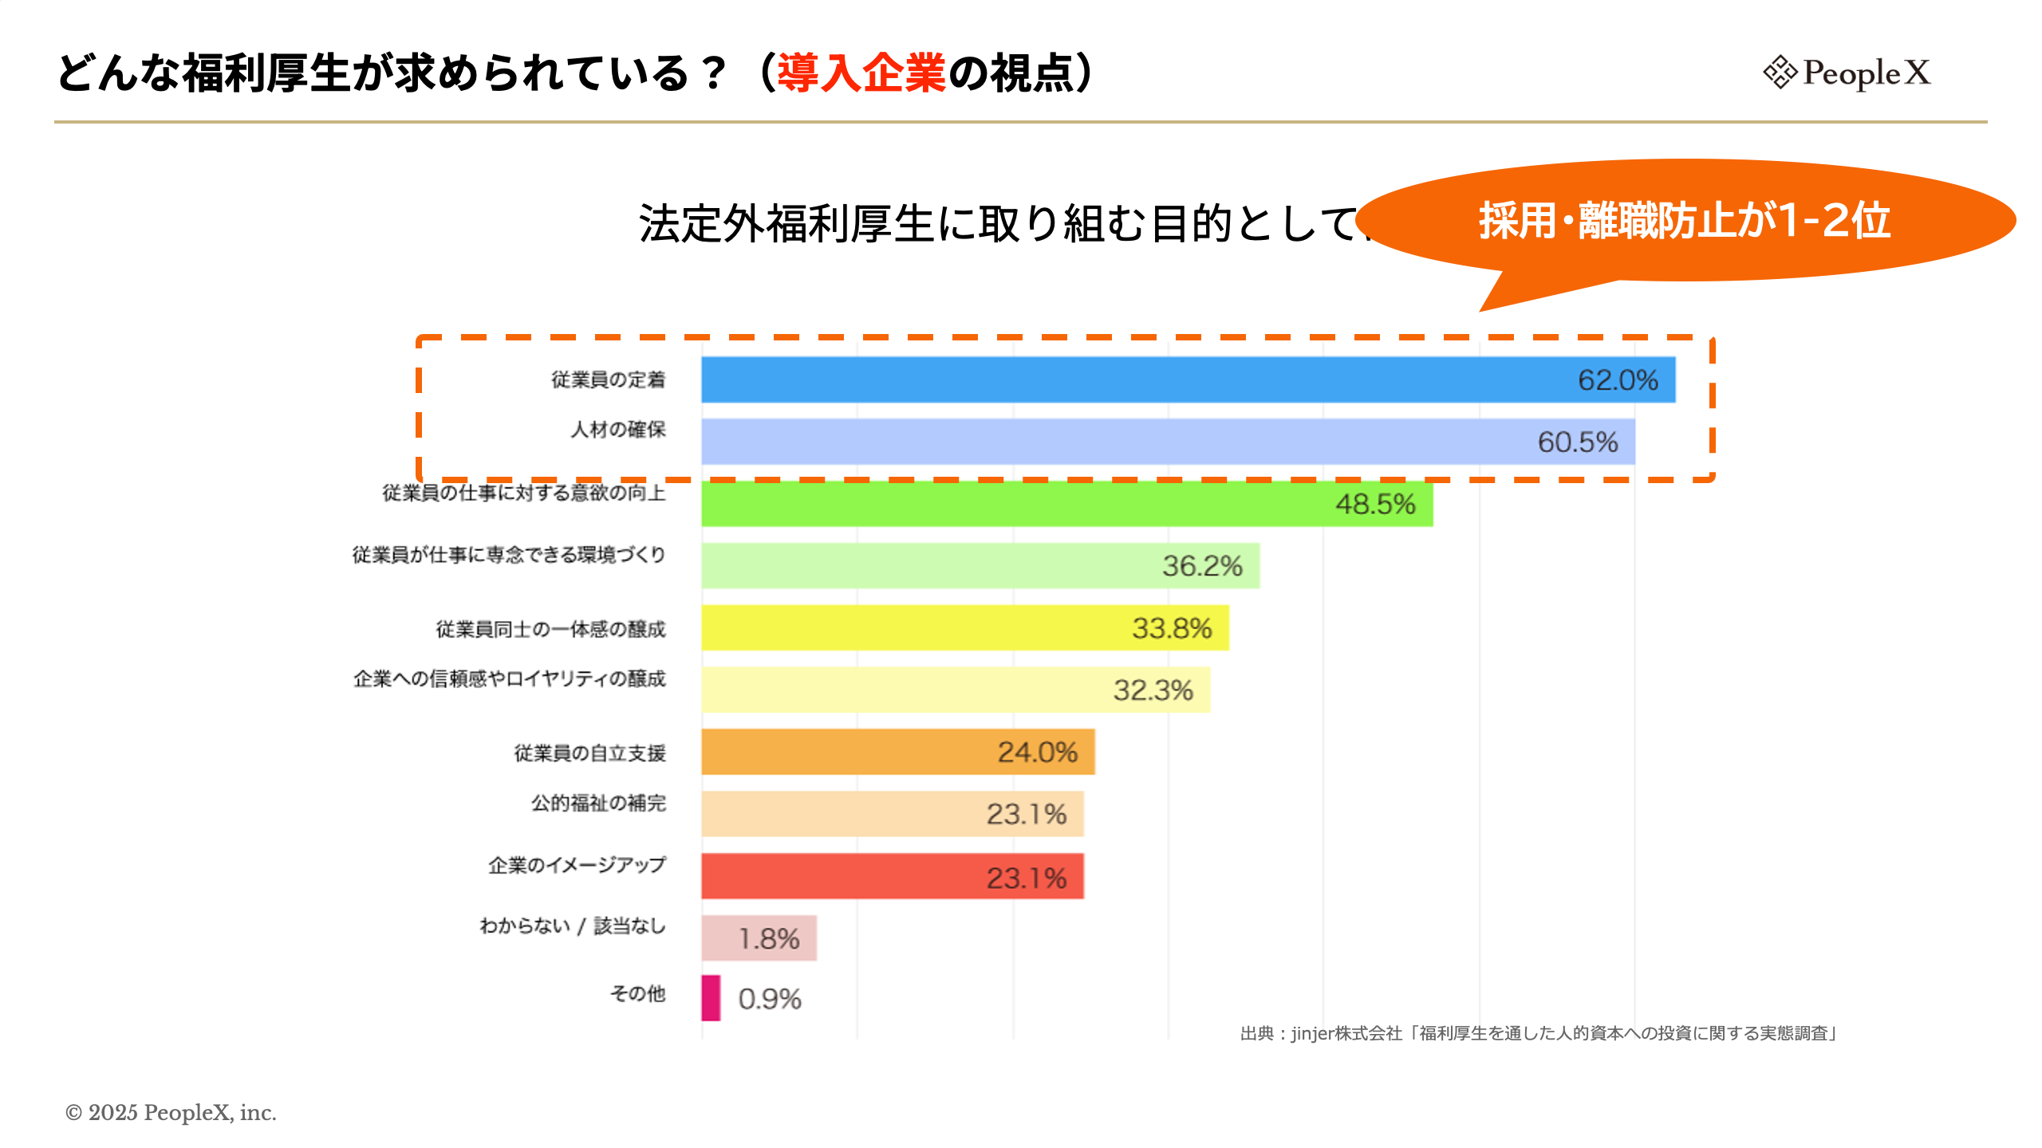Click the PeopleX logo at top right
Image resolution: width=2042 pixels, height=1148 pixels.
pyautogui.click(x=1846, y=73)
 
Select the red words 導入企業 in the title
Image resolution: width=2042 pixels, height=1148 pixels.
pyautogui.click(x=861, y=73)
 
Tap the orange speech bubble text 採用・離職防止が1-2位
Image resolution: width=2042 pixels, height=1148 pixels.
pyautogui.click(x=1684, y=221)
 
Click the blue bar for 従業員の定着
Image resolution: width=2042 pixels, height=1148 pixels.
pyautogui.click(x=1117, y=380)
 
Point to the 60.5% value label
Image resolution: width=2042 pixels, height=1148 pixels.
pyautogui.click(x=1577, y=442)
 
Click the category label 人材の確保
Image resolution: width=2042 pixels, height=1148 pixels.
pyautogui.click(x=617, y=430)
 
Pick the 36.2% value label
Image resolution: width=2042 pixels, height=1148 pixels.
pyautogui.click(x=1202, y=566)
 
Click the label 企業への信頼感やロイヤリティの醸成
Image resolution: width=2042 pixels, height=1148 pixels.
pyautogui.click(x=509, y=679)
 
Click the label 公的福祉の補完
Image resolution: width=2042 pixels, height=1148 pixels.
pyautogui.click(x=598, y=803)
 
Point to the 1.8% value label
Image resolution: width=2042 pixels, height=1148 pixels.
pyautogui.click(x=768, y=939)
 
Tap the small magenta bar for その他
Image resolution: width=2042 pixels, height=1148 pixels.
pyautogui.click(x=711, y=998)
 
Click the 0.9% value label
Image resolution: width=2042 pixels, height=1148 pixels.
pyautogui.click(x=769, y=999)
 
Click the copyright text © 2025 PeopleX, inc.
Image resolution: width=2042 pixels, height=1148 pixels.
pyautogui.click(x=171, y=1113)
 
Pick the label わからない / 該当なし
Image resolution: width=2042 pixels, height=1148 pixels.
pyautogui.click(x=572, y=926)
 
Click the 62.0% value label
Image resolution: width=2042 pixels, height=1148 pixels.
pyautogui.click(x=1618, y=380)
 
